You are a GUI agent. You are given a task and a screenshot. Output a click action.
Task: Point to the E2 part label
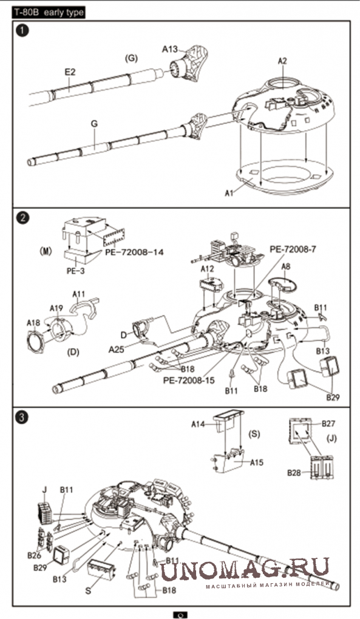[x=70, y=72]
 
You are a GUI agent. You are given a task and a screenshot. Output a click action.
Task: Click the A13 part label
[x=170, y=49]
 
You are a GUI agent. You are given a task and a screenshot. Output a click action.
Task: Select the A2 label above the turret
[x=282, y=61]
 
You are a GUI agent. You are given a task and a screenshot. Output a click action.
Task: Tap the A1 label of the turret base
[x=229, y=193]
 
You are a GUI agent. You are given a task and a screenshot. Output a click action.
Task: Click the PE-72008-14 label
[x=134, y=251]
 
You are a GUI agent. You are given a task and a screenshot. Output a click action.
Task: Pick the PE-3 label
[x=75, y=271]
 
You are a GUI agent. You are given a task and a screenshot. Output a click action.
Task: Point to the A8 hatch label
[x=286, y=266]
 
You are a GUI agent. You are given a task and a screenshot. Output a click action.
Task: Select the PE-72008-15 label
[x=189, y=380]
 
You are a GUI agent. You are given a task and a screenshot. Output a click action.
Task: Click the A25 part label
[x=117, y=350]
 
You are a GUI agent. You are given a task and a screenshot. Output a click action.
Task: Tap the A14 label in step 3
[x=199, y=424]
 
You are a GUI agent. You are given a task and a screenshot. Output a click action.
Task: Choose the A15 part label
[x=257, y=462]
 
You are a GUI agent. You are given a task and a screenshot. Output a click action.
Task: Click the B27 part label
[x=328, y=424]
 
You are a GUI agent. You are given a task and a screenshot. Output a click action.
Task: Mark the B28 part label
[x=294, y=473]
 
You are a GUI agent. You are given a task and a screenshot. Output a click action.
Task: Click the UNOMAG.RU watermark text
[x=245, y=570]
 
